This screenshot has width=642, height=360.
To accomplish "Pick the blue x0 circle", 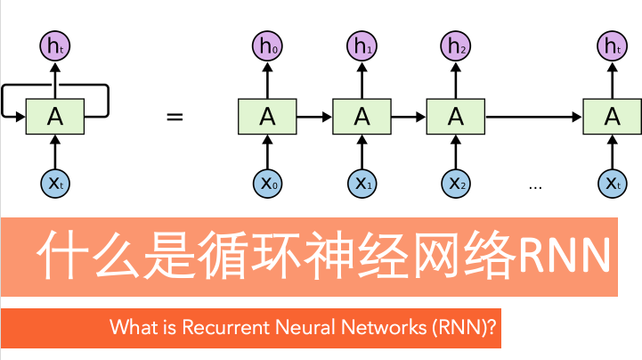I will [x=267, y=184].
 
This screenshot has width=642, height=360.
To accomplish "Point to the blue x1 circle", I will [x=361, y=184].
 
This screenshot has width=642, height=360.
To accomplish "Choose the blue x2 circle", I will [x=456, y=184].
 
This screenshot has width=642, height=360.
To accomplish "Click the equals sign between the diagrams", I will [x=175, y=117].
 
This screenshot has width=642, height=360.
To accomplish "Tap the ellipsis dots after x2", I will [x=535, y=187].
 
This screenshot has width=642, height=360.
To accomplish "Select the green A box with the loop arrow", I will [x=55, y=116].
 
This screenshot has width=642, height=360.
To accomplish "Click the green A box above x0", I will [x=267, y=116].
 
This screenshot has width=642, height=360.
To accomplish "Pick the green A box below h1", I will [x=361, y=116].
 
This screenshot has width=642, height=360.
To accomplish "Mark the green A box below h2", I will [x=456, y=116].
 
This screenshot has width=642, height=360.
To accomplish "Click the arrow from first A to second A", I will [x=313, y=116].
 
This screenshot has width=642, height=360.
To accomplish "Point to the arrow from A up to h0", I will [x=267, y=81].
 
